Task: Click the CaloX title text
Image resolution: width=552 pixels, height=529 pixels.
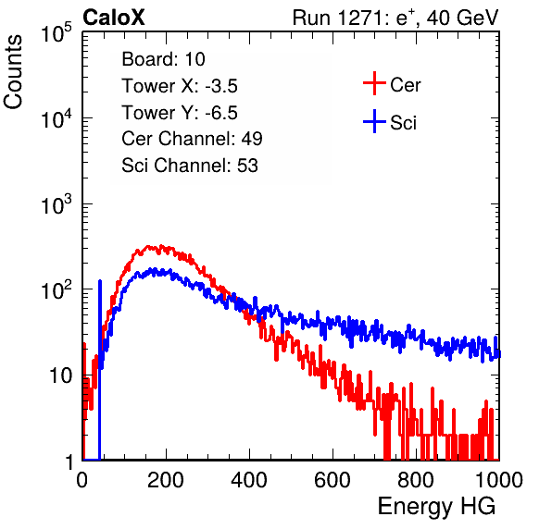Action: coord(114,18)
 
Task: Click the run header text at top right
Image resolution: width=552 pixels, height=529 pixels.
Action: coord(395,18)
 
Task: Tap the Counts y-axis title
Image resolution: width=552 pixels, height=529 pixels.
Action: coord(13,72)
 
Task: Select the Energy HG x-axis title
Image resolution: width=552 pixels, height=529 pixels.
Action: coord(436,507)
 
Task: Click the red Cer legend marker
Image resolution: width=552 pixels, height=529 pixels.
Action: coord(374,83)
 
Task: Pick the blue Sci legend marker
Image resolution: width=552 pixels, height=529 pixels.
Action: coord(374,121)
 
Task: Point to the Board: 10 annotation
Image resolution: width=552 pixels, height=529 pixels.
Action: coord(163,59)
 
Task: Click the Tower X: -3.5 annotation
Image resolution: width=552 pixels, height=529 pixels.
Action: coord(180,86)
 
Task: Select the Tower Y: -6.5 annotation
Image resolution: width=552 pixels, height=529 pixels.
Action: coord(180,113)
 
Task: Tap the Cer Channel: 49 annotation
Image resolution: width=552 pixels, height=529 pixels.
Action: coord(192,139)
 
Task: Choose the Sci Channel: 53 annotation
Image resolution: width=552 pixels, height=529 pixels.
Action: coord(190,166)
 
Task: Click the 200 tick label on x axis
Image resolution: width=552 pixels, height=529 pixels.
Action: coord(166,480)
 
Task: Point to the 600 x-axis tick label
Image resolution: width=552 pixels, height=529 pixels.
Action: coord(332,480)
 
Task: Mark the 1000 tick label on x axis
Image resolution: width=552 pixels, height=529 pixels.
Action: coord(499,480)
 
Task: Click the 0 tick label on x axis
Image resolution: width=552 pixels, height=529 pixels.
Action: coord(82,480)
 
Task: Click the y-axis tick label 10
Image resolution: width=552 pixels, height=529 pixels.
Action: coord(61,375)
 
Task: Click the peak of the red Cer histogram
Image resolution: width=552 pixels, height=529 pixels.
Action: coord(161,246)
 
